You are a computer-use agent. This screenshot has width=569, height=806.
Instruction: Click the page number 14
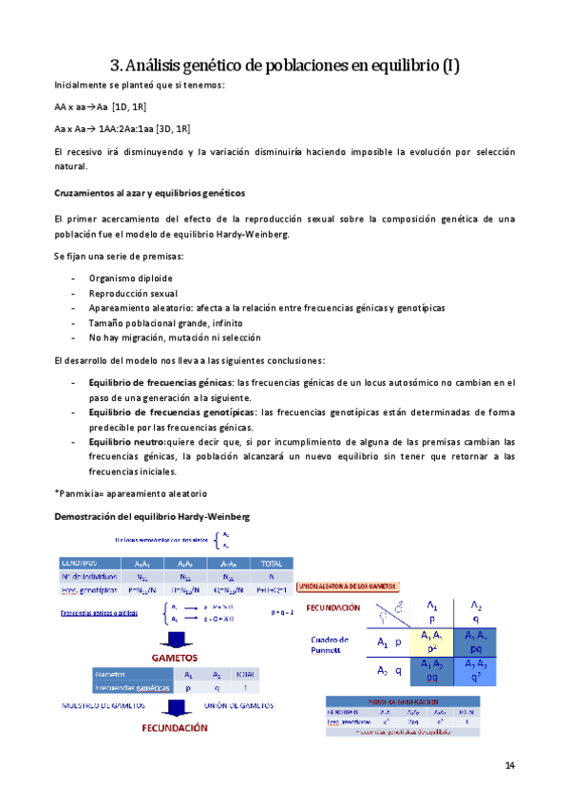tap(509, 765)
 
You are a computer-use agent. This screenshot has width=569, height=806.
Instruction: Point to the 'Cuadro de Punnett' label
tap(332, 645)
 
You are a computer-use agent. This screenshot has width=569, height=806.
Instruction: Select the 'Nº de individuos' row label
tap(90, 577)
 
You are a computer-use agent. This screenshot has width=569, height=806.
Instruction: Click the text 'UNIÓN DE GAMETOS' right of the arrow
tap(238, 706)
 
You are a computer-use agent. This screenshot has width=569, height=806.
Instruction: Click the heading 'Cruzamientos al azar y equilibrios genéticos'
tap(149, 192)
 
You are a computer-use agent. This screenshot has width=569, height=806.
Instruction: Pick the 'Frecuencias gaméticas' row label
tap(132, 685)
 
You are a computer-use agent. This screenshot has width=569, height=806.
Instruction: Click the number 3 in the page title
tap(116, 66)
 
